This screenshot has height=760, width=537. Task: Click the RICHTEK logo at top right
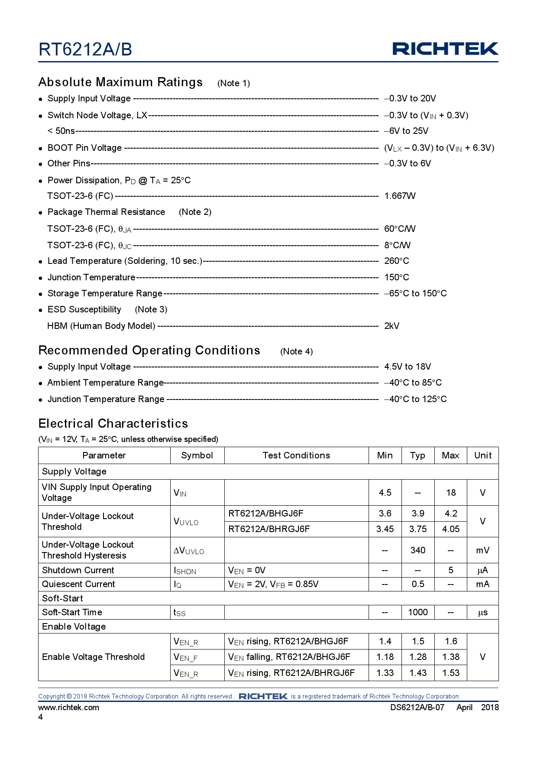click(x=445, y=49)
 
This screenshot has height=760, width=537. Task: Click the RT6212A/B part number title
click(x=85, y=49)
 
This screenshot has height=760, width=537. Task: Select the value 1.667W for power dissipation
click(x=400, y=196)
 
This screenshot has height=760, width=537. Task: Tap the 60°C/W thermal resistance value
click(x=400, y=229)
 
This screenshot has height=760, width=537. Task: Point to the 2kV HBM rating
click(x=391, y=326)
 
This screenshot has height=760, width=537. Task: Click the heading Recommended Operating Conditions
click(x=149, y=350)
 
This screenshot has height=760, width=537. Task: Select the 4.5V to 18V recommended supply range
click(x=407, y=367)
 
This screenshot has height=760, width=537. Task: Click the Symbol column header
click(x=197, y=455)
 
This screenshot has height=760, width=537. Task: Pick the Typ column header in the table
click(x=417, y=455)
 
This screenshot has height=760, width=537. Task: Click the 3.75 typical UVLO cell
click(x=417, y=529)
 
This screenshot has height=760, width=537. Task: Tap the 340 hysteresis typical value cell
click(x=417, y=550)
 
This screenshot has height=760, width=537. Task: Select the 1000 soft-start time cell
click(x=417, y=612)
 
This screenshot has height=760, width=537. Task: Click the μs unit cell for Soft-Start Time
click(x=482, y=612)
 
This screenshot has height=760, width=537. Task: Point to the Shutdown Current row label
click(x=78, y=570)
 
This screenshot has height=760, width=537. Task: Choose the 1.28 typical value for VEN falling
click(x=417, y=657)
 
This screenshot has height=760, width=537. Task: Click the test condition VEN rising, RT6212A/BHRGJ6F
click(x=291, y=673)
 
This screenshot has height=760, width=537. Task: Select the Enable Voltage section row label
click(x=74, y=627)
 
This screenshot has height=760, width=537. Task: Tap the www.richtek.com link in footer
click(x=68, y=708)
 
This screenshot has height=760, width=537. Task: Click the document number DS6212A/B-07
click(x=417, y=708)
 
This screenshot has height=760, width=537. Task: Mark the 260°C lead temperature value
click(x=396, y=261)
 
